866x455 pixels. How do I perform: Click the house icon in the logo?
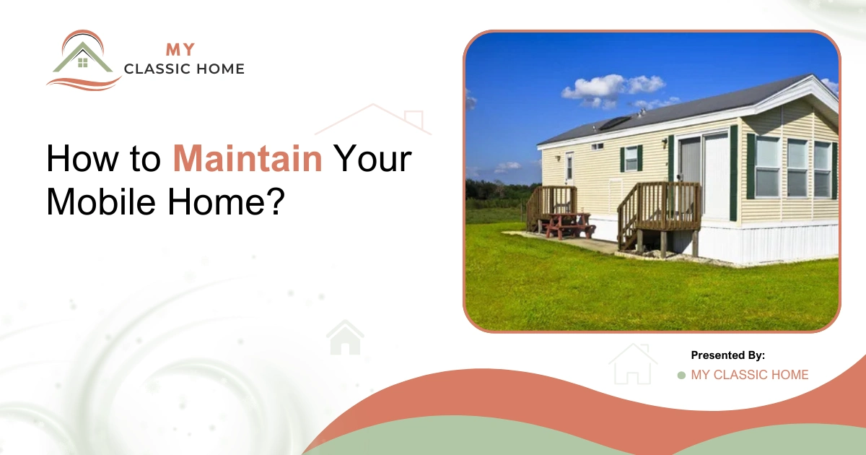[82, 58]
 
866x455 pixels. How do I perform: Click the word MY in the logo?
[179, 50]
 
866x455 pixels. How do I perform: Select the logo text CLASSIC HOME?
[184, 70]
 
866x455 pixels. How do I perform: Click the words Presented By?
[727, 355]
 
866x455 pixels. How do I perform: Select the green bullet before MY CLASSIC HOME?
[681, 376]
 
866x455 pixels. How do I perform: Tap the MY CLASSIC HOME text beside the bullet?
[750, 375]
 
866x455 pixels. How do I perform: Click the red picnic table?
[569, 225]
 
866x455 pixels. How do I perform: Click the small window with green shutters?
[631, 158]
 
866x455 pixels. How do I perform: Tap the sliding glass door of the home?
[704, 177]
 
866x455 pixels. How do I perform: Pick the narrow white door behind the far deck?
[569, 168]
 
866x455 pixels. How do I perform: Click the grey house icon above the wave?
[345, 337]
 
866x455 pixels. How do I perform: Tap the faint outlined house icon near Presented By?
[632, 364]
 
